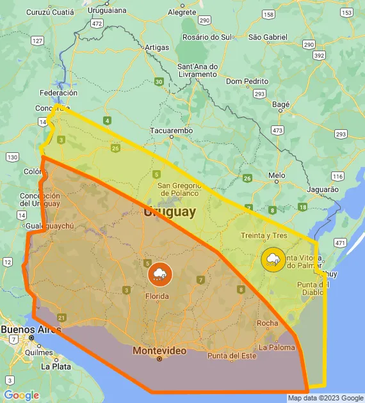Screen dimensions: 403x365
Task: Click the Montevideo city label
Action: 159,351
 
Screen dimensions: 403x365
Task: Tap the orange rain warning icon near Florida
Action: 159,274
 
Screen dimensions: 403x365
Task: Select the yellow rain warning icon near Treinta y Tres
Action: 273,259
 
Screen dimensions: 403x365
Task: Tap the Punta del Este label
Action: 231,356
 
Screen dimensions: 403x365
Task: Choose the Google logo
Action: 21,395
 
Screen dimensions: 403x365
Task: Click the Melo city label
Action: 277,175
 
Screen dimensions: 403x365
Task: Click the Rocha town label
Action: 267,323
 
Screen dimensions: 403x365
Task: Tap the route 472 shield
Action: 97,23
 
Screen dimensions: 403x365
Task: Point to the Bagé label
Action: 281,104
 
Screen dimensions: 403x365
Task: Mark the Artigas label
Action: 157,47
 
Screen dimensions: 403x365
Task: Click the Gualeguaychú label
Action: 51,226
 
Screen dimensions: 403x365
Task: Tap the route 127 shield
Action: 37,41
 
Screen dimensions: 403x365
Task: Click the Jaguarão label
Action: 323,189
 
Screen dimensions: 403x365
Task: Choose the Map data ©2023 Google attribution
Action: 325,398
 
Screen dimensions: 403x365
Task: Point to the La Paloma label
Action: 277,347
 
